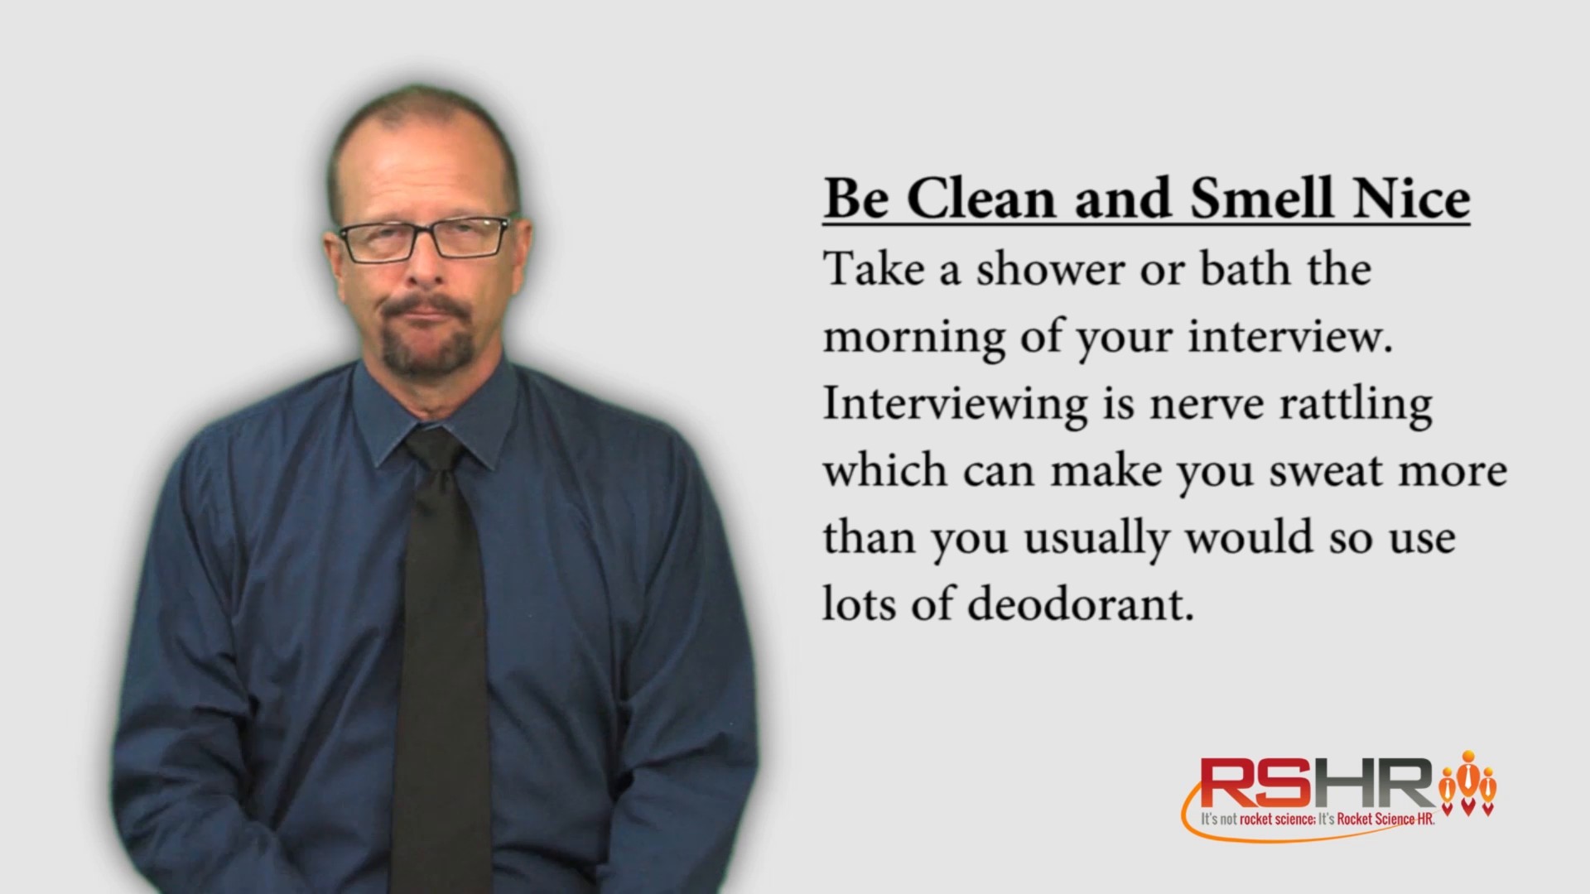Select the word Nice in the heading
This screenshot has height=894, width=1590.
point(1409,199)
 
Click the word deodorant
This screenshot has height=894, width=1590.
point(1081,605)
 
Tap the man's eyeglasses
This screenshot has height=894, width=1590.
point(424,238)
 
